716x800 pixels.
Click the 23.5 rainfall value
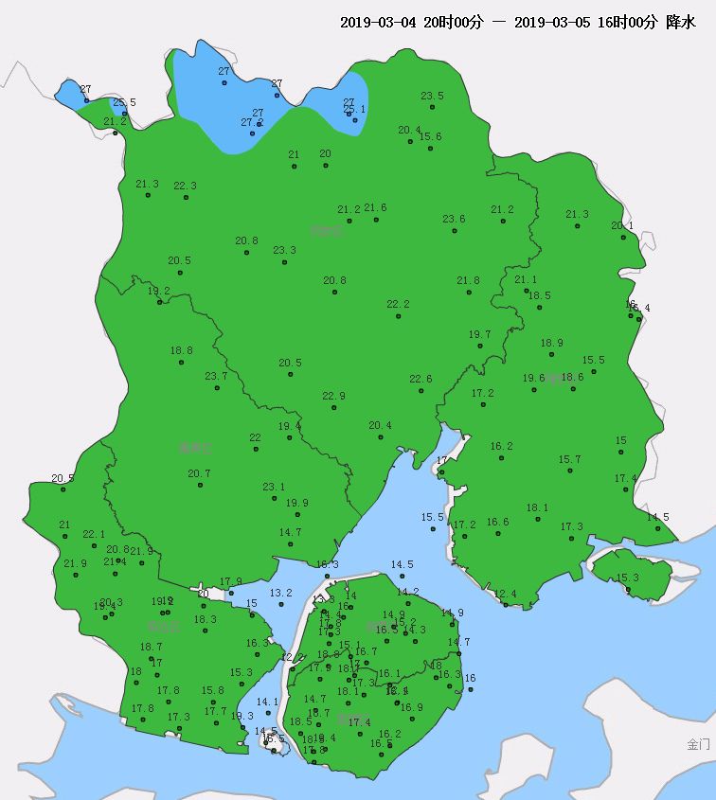point(432,96)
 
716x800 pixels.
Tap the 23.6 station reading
point(454,219)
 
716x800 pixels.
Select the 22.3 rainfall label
point(185,186)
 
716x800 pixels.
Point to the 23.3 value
point(284,250)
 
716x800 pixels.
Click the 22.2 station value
point(398,304)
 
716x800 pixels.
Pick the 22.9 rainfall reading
point(333,396)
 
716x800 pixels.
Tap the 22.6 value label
point(421,379)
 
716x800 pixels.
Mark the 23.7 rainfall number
point(216,376)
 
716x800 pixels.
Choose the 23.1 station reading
point(274,487)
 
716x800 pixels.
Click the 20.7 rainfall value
point(199,473)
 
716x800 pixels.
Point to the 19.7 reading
point(480,334)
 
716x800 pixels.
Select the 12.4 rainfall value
point(506,594)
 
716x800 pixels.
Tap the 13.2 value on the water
point(281,593)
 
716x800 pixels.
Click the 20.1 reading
point(622,225)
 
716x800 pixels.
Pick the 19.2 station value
point(159,291)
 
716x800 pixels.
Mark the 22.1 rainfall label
point(94,534)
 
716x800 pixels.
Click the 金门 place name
point(698,744)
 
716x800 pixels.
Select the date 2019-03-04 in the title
point(378,22)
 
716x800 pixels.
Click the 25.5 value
point(124,102)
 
